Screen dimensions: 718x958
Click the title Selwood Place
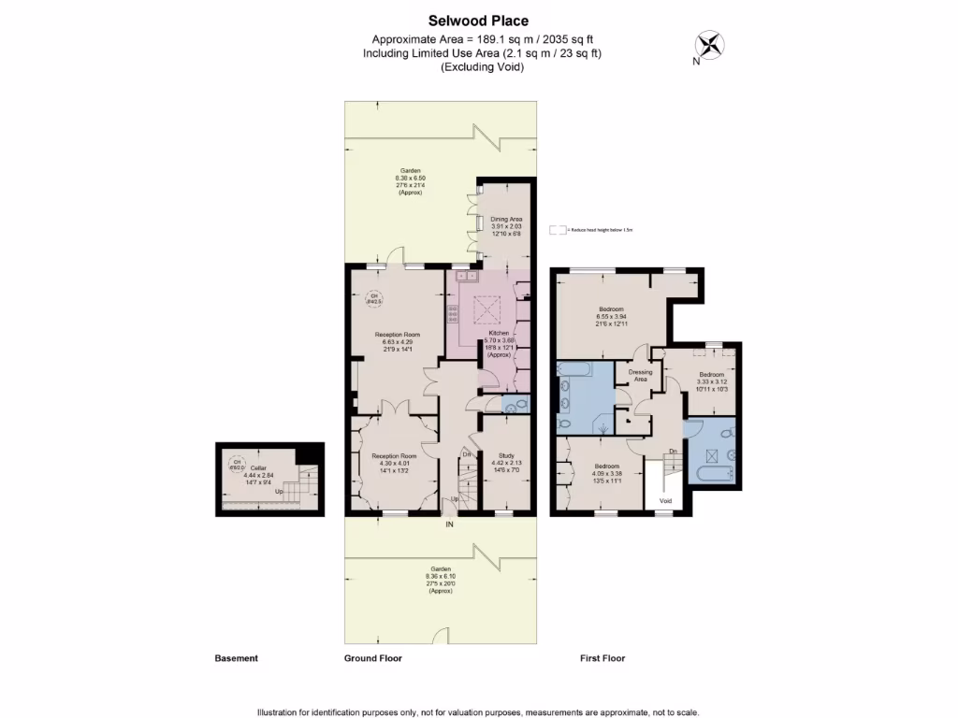[478, 21]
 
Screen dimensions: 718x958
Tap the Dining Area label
[505, 219]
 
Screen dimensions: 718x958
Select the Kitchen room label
[498, 334]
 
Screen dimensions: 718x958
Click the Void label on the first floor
[665, 501]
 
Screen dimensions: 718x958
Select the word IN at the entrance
[449, 525]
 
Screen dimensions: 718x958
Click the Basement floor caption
[236, 658]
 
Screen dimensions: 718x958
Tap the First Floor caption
[602, 658]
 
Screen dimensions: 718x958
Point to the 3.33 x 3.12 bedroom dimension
[711, 381]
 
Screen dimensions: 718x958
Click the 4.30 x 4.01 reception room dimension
[391, 463]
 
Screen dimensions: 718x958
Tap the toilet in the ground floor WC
[520, 405]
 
